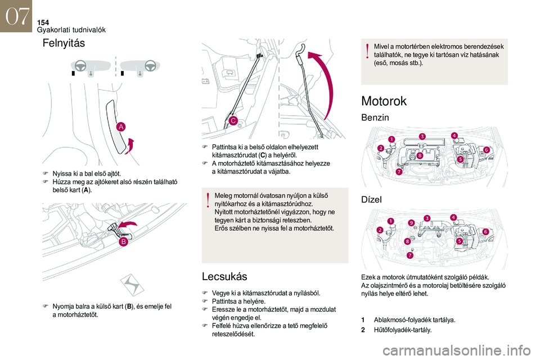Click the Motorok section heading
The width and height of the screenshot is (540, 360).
[384, 101]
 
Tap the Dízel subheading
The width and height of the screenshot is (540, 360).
[371, 199]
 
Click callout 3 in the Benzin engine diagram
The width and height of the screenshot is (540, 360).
[422, 136]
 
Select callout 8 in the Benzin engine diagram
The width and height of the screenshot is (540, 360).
[420, 155]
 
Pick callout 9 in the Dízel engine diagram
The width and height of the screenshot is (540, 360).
[411, 223]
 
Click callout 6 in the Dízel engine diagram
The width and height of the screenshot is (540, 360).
[485, 231]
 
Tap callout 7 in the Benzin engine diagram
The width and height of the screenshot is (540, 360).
[398, 172]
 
